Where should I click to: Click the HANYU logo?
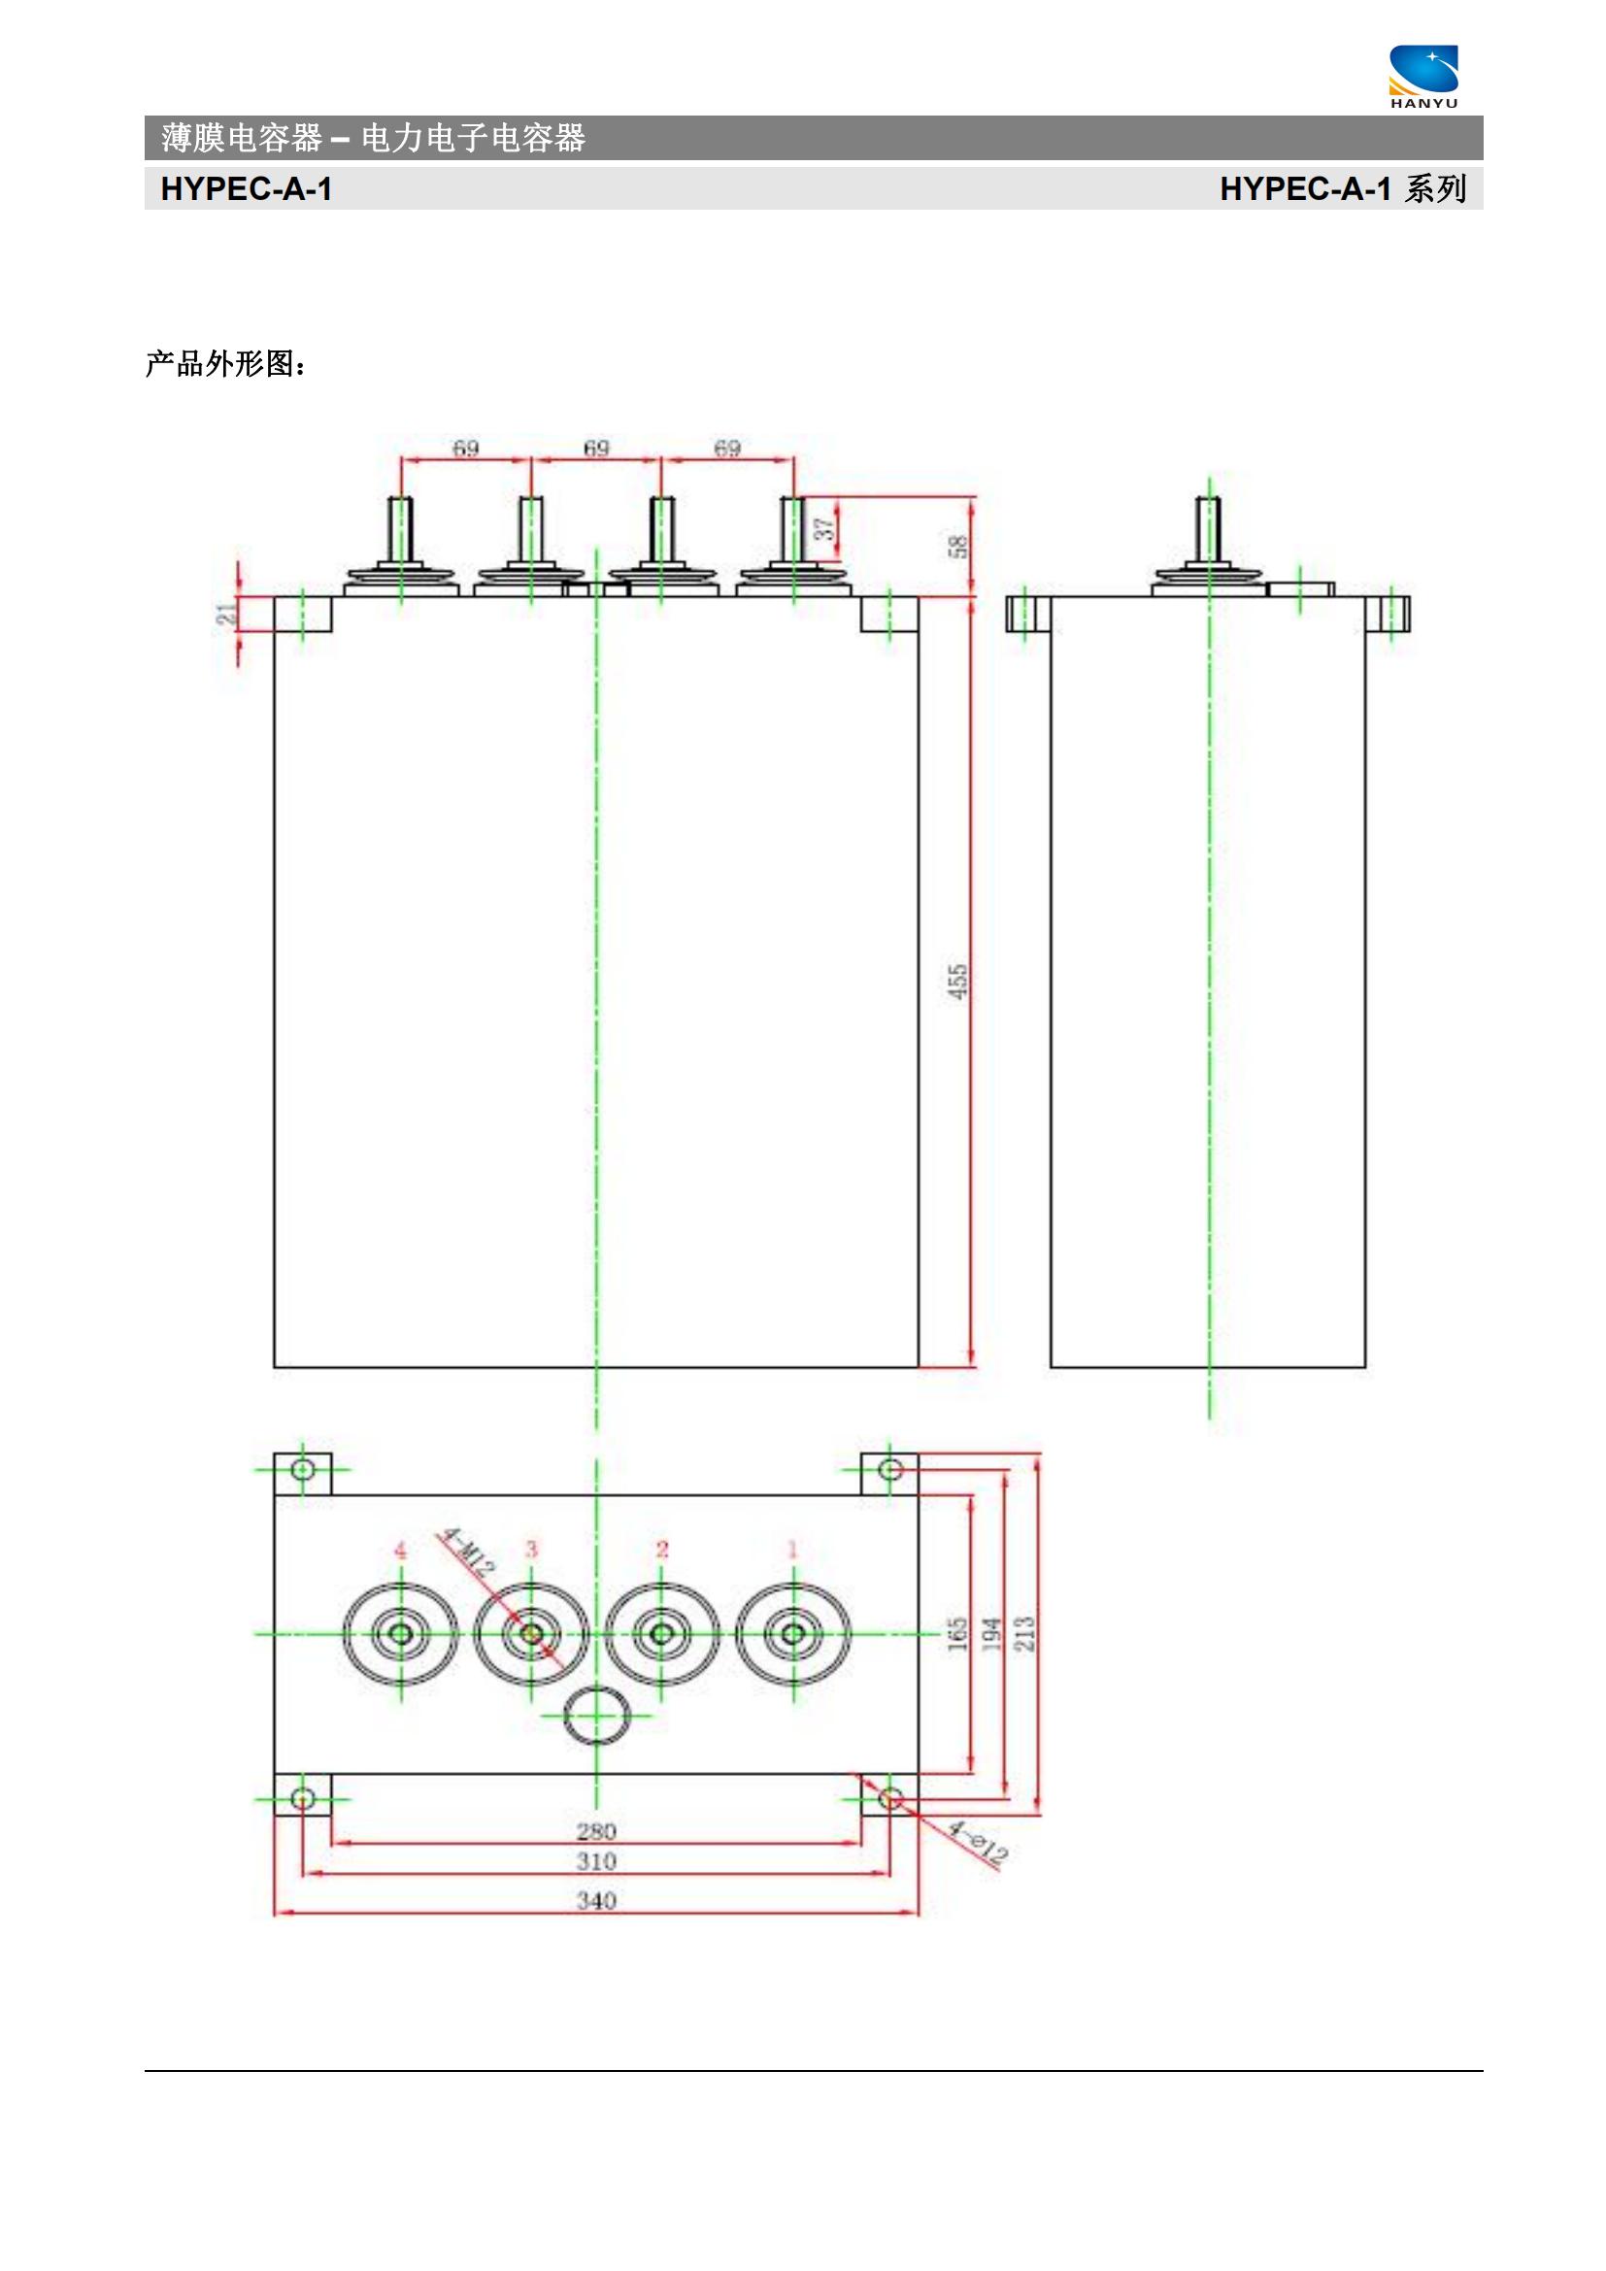1423,76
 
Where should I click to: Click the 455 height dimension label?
958,982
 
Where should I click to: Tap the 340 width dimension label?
596,1900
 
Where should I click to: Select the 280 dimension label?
596,1831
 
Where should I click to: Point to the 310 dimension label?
596,1860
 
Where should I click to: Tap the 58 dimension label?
958,546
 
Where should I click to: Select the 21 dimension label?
228,614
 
